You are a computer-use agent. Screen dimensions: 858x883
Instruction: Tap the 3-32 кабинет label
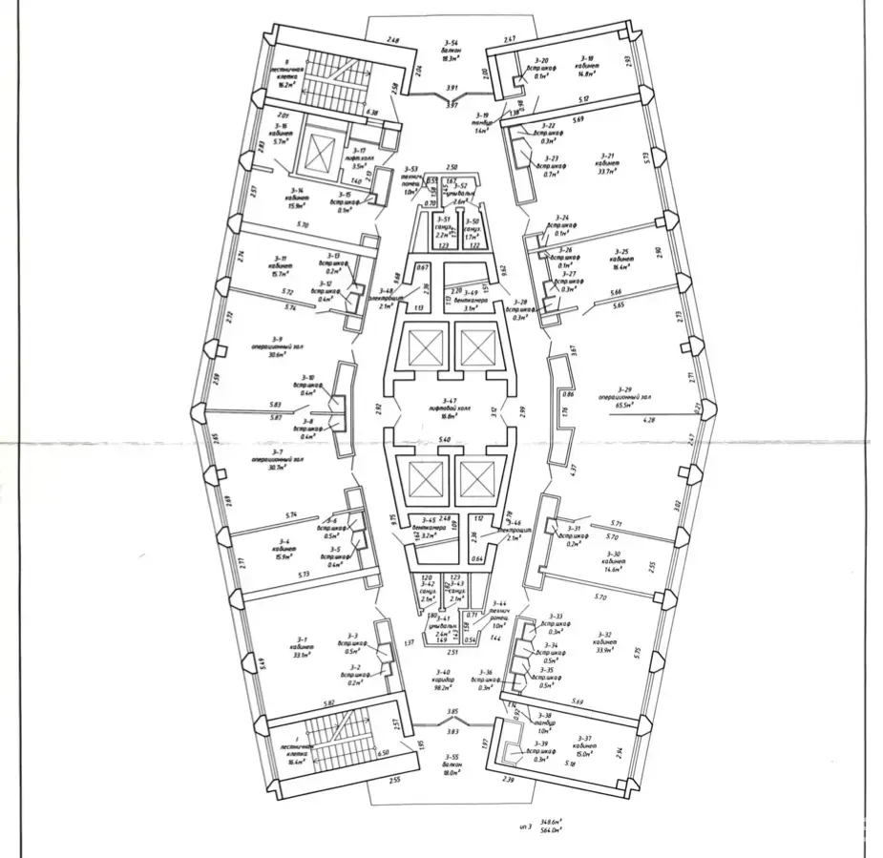coord(603,640)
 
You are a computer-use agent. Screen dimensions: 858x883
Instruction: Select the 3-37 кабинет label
coord(588,744)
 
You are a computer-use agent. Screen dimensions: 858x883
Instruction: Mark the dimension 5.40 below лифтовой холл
coord(444,438)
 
